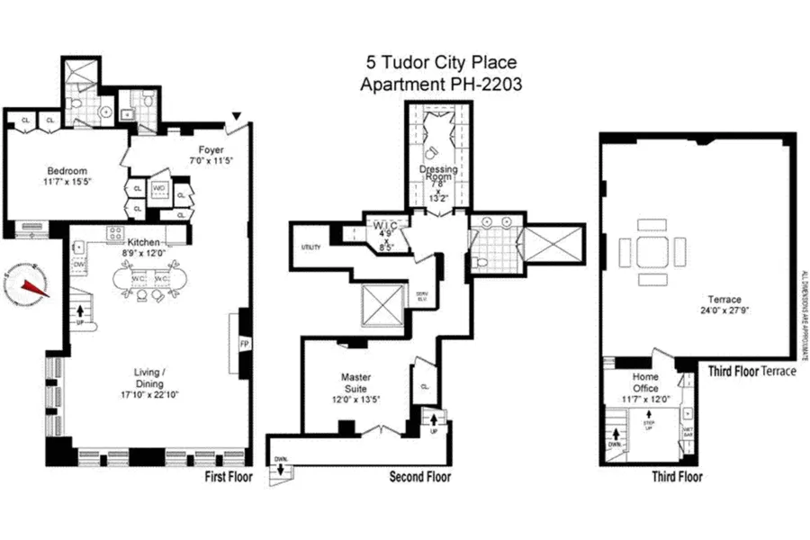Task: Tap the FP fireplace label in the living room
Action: (x=244, y=344)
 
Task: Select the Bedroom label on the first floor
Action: (x=67, y=171)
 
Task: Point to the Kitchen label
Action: (x=143, y=243)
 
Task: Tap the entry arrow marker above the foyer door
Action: (x=236, y=116)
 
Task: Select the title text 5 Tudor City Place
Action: (x=441, y=64)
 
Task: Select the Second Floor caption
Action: (x=419, y=477)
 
